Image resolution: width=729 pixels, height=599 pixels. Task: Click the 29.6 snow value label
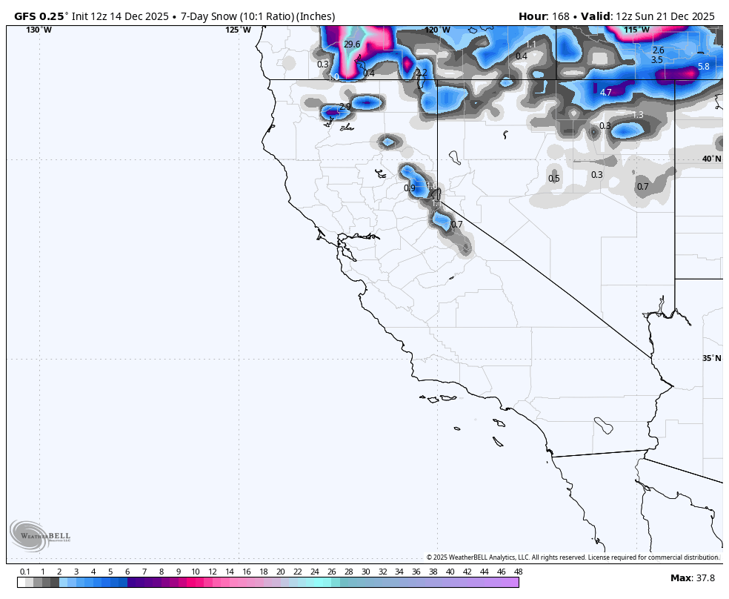[352, 44]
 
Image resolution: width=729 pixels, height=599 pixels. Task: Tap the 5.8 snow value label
[703, 67]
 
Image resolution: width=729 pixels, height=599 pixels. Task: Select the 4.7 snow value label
[605, 93]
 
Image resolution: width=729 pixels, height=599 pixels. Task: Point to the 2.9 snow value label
[344, 107]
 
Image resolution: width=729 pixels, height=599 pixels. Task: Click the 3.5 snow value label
[656, 60]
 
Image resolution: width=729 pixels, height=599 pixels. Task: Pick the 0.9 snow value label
[409, 188]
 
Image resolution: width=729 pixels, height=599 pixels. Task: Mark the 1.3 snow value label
[637, 115]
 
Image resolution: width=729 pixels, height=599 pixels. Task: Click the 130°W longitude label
[39, 30]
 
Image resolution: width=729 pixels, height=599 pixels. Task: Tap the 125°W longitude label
[238, 30]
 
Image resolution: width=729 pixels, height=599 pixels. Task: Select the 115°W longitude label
[636, 30]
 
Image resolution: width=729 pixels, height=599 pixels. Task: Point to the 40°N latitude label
[711, 159]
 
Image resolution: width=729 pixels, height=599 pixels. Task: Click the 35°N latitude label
[711, 358]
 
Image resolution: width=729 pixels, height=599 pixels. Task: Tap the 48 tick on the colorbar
[518, 572]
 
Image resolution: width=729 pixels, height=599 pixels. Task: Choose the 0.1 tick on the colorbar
[25, 572]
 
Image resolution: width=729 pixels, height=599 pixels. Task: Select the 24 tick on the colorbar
[314, 572]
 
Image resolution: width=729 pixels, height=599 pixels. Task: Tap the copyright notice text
[572, 557]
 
